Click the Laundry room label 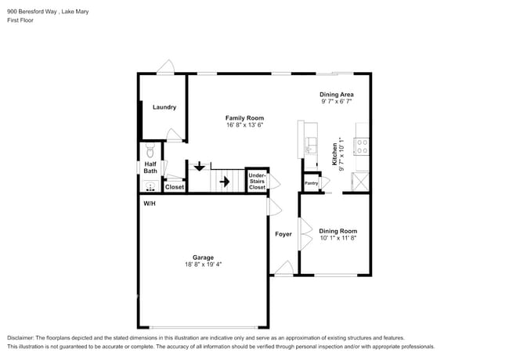(x=164, y=107)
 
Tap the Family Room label (x=244, y=118)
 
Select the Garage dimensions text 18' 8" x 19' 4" (x=203, y=265)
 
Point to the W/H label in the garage (x=149, y=203)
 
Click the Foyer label (x=283, y=234)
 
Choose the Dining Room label (x=338, y=231)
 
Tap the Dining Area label (x=336, y=94)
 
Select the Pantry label (x=311, y=184)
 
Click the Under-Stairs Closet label (x=257, y=182)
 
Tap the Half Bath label (x=150, y=167)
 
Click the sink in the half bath (x=150, y=186)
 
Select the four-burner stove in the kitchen (x=362, y=145)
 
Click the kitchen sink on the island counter (x=309, y=146)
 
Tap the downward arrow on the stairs (x=200, y=165)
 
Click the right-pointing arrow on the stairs (x=224, y=182)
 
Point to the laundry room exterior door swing (x=165, y=67)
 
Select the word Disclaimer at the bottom (x=24, y=337)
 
